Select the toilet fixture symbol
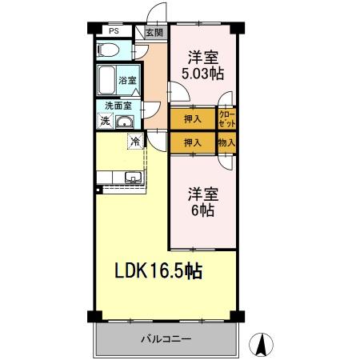[109, 50]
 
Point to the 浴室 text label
[128, 80]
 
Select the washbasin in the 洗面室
[126, 122]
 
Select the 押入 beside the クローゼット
[192, 118]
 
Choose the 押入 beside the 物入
[192, 142]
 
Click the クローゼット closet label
[227, 118]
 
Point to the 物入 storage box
[227, 142]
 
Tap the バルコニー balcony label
[166, 339]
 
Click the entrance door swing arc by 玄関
[157, 14]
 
